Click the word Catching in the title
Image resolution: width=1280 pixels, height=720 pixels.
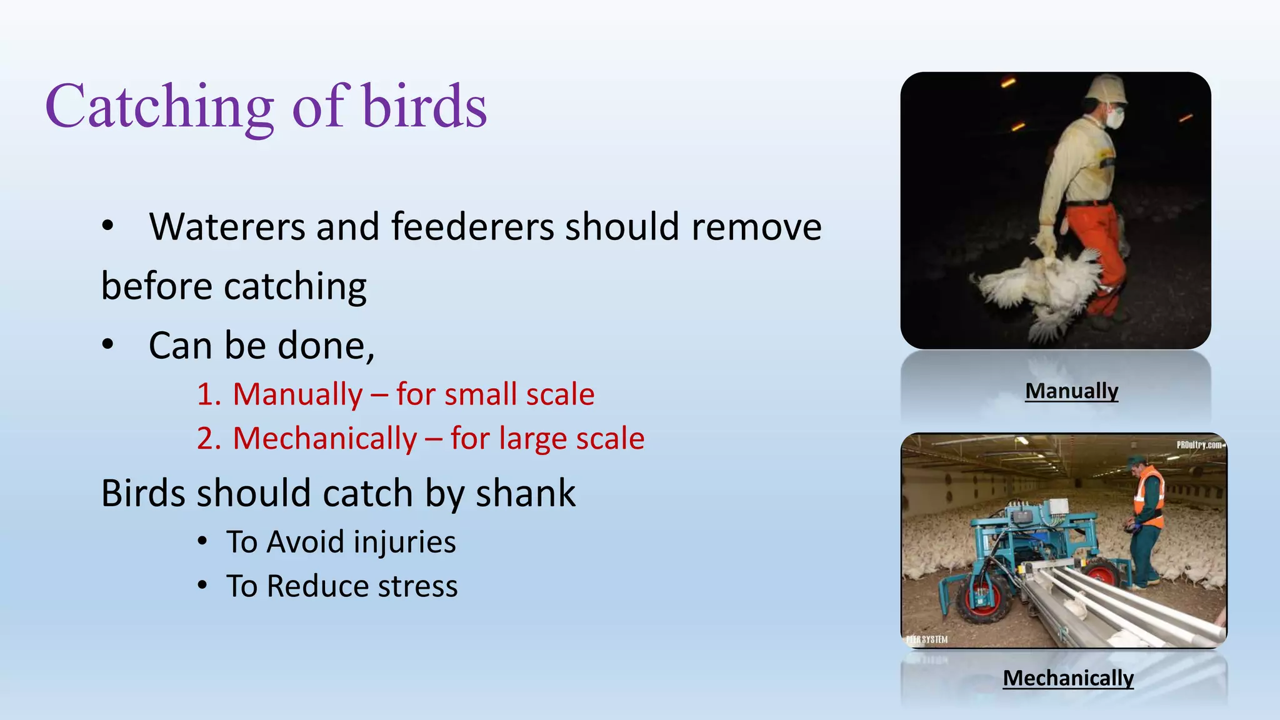(x=160, y=107)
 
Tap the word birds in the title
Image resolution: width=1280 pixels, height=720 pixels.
(x=424, y=105)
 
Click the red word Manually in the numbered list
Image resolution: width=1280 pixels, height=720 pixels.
(x=297, y=395)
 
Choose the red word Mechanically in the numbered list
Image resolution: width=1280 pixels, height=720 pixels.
(x=325, y=439)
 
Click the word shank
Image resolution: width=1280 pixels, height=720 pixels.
(x=526, y=493)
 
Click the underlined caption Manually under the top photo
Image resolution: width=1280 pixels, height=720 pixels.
(x=1072, y=391)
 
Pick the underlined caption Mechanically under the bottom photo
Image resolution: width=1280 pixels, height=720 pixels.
(x=1068, y=678)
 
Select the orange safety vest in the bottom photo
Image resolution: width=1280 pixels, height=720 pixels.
(x=1150, y=497)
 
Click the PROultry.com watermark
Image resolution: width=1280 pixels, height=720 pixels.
(x=1199, y=445)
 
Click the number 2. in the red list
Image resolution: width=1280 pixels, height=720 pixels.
(x=209, y=439)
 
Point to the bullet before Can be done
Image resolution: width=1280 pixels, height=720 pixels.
(x=108, y=344)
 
